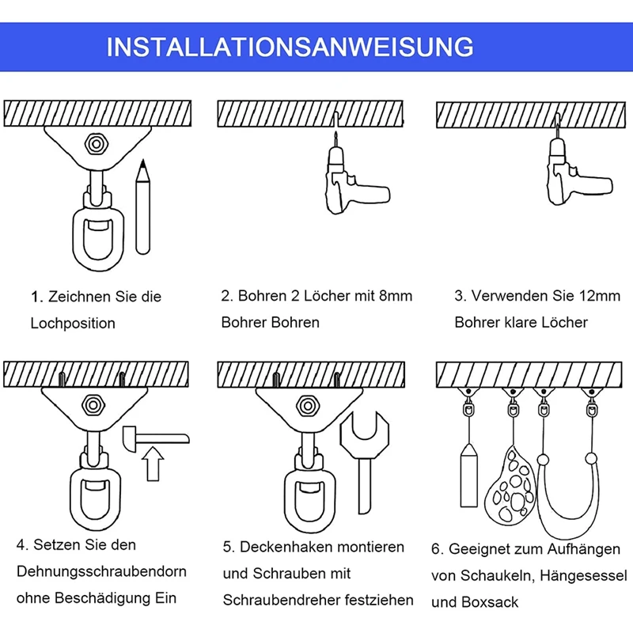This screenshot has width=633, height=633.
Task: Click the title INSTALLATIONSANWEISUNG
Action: (x=290, y=47)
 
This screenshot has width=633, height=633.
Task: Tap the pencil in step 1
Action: (x=142, y=207)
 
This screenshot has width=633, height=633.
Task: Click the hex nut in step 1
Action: (x=96, y=144)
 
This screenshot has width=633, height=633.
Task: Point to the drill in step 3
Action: (x=578, y=169)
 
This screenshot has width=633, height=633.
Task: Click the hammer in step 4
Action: (x=156, y=438)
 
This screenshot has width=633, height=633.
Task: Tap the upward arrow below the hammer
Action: (x=153, y=464)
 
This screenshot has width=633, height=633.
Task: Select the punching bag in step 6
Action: (x=468, y=476)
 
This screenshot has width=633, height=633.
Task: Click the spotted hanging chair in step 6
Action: (x=510, y=485)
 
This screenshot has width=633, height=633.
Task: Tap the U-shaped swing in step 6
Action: (x=567, y=498)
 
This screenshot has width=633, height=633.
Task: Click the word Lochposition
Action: (x=73, y=324)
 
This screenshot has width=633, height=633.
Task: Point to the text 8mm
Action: (x=396, y=296)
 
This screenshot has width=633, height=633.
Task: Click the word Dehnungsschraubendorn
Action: (x=102, y=571)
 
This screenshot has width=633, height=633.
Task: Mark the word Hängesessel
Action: (x=584, y=576)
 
